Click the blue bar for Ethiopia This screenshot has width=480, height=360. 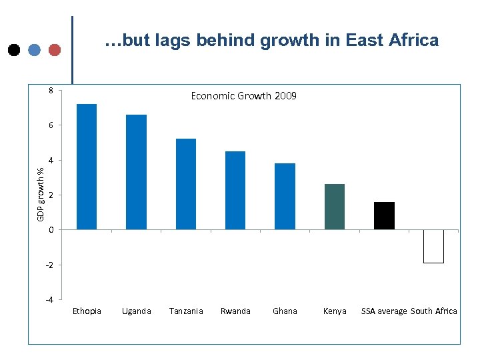click(87, 167)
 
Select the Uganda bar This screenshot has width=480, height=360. click(136, 172)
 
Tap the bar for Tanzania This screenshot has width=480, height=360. click(186, 184)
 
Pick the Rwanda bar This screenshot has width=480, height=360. click(235, 190)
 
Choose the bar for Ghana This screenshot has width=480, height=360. click(285, 196)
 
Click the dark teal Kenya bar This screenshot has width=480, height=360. click(335, 207)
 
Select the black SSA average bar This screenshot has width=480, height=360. click(384, 215)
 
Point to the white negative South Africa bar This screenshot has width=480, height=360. click(433, 246)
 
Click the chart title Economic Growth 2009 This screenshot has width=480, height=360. click(244, 96)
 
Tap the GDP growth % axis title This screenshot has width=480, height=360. click(41, 194)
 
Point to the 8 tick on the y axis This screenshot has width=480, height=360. click(51, 90)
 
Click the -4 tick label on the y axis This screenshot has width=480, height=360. click(49, 299)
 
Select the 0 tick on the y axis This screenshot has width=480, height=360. click(51, 230)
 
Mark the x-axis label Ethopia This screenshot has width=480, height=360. click(87, 311)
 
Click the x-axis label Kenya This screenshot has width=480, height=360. click(335, 311)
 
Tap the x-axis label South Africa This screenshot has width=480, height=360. click(434, 311)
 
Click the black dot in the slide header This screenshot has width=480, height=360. click(13, 50)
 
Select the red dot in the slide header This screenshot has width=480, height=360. click(55, 50)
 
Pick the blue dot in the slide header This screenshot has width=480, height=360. click(34, 50)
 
